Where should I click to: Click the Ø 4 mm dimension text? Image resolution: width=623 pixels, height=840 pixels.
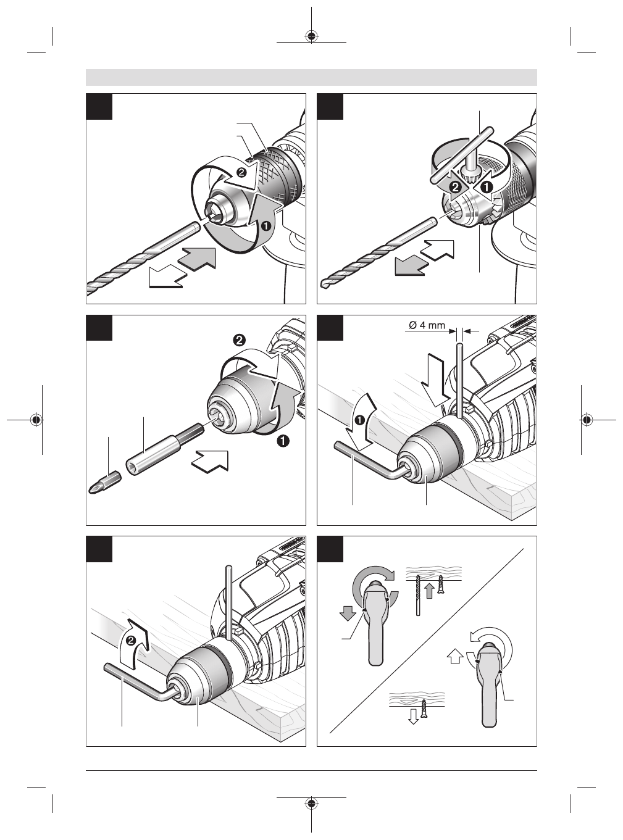427,325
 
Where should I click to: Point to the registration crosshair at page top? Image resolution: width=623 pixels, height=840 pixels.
311,35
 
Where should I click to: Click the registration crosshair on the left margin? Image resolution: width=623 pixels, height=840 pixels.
37,420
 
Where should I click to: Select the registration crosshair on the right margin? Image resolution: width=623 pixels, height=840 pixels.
586,420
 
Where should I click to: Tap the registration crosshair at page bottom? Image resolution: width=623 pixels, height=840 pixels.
311,804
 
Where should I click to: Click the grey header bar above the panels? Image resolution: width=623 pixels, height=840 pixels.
311,77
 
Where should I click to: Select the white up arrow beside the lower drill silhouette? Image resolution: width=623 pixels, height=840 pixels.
454,655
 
